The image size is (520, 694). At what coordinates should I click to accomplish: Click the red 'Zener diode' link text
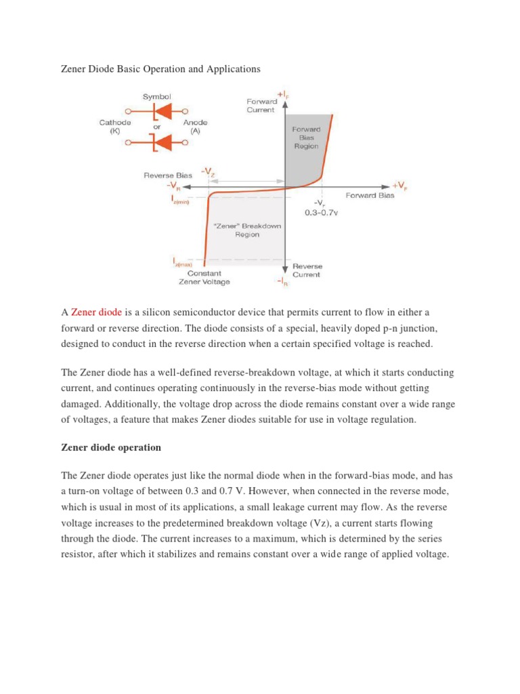tap(96, 312)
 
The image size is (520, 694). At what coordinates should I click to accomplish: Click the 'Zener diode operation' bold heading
tap(111, 447)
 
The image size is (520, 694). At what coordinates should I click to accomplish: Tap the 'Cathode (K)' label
tap(114, 127)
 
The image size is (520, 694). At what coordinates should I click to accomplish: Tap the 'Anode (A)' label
tap(199, 127)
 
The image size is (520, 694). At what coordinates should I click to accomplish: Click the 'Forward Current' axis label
tap(260, 106)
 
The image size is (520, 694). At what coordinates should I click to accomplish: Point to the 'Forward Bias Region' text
tap(305, 137)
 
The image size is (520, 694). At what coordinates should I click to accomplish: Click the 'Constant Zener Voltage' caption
tap(204, 278)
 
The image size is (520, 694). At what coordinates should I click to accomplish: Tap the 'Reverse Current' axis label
tap(307, 270)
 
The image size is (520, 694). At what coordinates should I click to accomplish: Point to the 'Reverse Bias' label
tap(163, 176)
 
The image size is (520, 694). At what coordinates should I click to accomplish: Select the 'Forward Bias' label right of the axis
tap(370, 196)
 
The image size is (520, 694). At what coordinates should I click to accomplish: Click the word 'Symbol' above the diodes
tap(156, 96)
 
